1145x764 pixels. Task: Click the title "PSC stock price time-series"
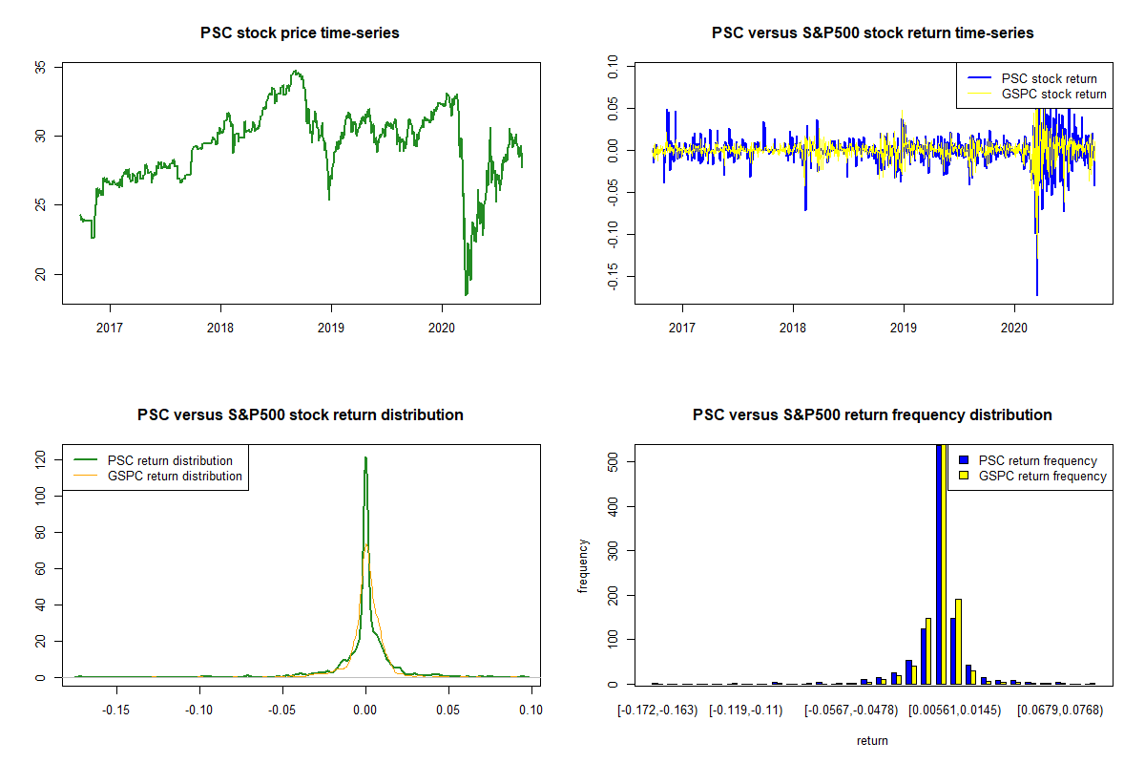[x=300, y=33]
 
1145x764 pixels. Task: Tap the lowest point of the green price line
[x=467, y=294]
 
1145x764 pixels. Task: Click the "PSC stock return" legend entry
[x=1049, y=78]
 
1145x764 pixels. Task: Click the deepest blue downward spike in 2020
[x=1037, y=294]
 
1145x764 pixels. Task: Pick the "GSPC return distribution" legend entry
[x=175, y=476]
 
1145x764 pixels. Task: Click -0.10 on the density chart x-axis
[x=199, y=710]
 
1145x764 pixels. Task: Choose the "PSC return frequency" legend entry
[x=1038, y=460]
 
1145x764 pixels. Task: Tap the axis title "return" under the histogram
[x=872, y=740]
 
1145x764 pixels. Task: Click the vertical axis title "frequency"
[x=583, y=565]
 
